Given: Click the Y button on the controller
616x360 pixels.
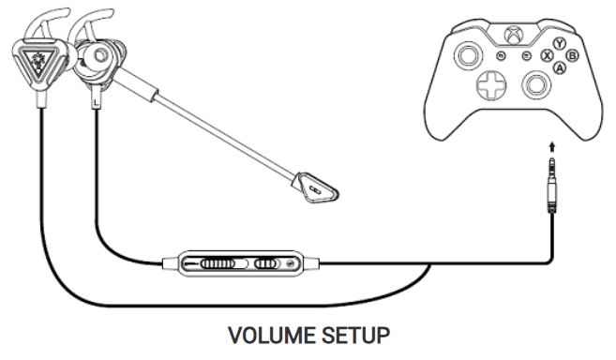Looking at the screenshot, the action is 560,43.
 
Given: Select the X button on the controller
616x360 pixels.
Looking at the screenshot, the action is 548,56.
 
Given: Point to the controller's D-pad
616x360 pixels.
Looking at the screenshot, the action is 490,86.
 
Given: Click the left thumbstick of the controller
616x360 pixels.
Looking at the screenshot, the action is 466,57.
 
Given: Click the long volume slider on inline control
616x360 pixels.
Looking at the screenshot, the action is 216,264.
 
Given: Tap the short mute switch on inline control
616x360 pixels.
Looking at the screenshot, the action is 267,264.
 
